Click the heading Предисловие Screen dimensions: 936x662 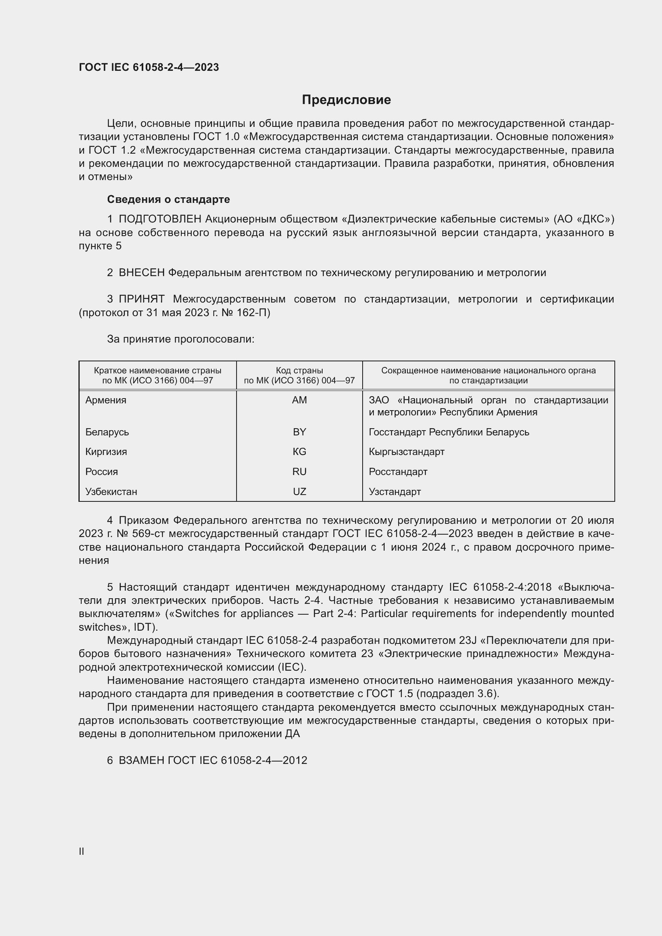tap(346, 100)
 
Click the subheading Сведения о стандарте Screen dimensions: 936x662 tap(169, 199)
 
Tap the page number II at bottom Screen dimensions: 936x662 tap(82, 851)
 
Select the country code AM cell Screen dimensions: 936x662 tap(299, 400)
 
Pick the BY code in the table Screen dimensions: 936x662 tap(299, 432)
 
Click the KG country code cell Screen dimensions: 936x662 tap(299, 452)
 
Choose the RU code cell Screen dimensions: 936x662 tap(299, 472)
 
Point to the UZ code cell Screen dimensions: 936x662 tap(299, 492)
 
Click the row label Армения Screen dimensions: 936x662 tap(106, 400)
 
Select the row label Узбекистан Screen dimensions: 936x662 tap(111, 492)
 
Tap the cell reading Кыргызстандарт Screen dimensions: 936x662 tap(406, 452)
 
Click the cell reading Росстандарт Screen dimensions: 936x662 tap(398, 472)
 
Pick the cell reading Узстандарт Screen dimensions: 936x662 tap(395, 492)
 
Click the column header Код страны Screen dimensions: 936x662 tap(299, 371)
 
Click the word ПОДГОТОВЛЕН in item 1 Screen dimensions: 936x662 tap(160, 219)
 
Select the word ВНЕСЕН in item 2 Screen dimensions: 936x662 tap(141, 273)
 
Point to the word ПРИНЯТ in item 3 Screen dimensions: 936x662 tap(141, 299)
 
